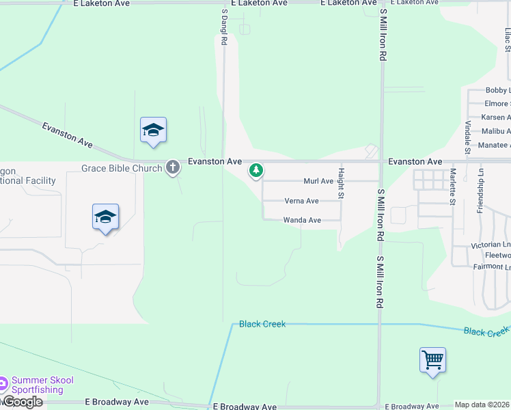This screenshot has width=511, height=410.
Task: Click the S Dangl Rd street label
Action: [x=223, y=27]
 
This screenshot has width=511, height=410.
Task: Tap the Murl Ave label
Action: [x=318, y=181]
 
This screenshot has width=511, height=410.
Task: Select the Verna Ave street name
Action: [x=302, y=201]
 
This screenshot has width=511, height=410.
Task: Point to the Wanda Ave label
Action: [x=302, y=220]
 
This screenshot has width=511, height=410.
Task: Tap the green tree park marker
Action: [x=256, y=169]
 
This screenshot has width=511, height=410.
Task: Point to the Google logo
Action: [x=22, y=402]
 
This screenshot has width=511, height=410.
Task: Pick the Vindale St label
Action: [x=468, y=137]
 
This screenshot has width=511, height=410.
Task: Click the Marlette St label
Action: [x=452, y=187]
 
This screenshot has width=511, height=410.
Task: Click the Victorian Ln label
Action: [x=491, y=245]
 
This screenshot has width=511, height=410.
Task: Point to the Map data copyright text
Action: [x=482, y=405]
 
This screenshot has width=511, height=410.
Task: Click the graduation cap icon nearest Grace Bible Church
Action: [x=154, y=131]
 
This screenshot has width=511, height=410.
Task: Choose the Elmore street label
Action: [x=497, y=104]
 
